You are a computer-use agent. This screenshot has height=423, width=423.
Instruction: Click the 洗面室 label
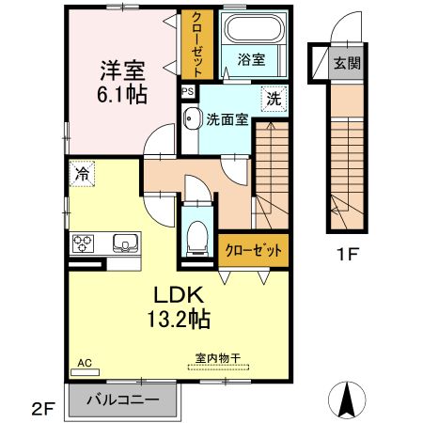pyautogui.click(x=226, y=119)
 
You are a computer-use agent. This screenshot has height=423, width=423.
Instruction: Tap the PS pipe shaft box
pyautogui.click(x=188, y=91)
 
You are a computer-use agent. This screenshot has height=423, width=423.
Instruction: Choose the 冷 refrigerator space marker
pyautogui.click(x=82, y=174)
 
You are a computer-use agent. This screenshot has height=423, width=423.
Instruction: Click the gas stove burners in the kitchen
pyautogui.click(x=82, y=244)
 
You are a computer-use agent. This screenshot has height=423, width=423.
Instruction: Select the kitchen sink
pyautogui.click(x=124, y=244)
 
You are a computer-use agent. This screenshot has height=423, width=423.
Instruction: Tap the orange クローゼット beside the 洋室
pyautogui.click(x=198, y=45)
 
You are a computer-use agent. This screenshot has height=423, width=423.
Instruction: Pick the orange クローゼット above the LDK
pyautogui.click(x=252, y=250)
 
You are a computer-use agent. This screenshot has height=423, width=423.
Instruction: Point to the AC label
pyautogui.click(x=83, y=361)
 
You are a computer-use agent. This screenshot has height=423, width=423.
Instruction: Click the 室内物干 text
pyautogui.click(x=217, y=357)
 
